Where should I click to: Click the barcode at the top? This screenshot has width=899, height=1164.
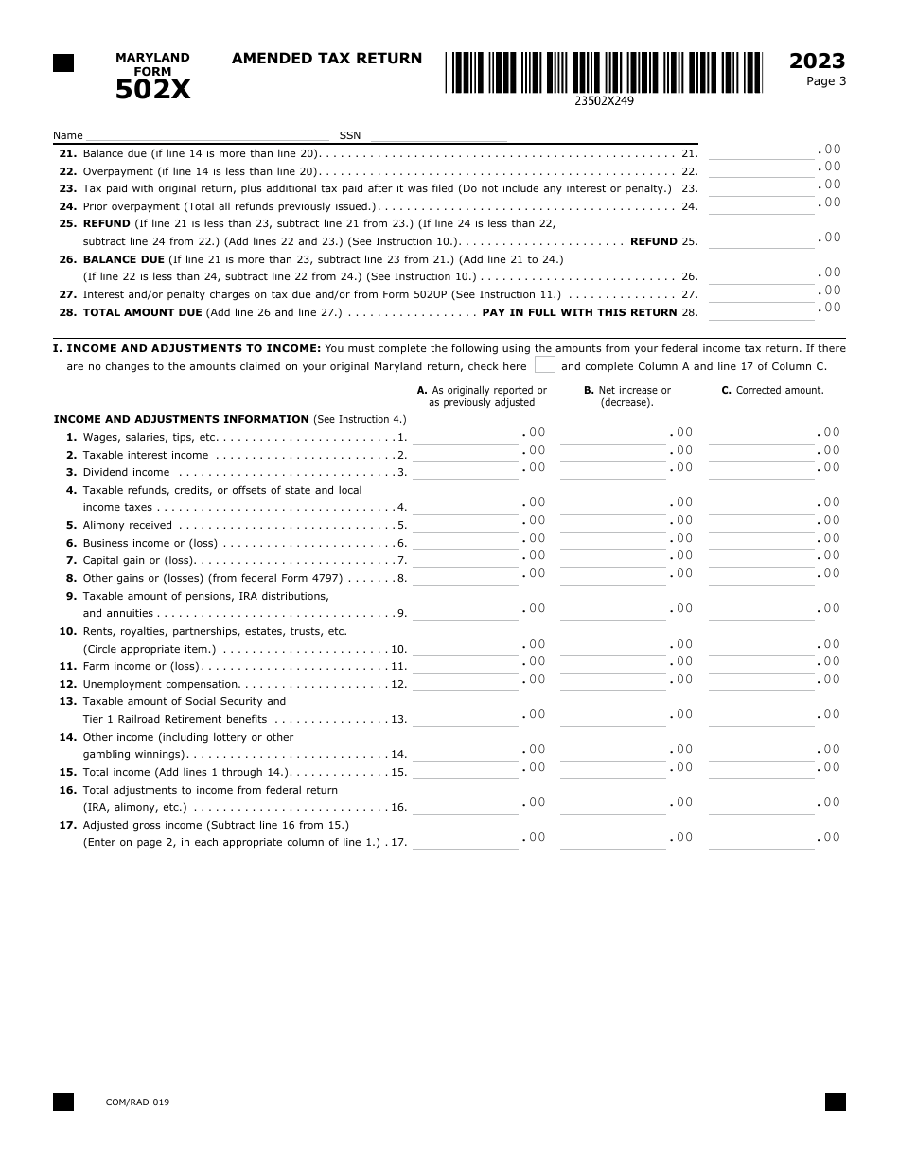605,72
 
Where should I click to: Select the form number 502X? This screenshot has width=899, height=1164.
152,90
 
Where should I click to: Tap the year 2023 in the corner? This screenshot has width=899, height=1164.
817,62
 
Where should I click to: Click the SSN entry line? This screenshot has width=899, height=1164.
434,135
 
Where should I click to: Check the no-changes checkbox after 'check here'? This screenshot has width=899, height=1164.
544,365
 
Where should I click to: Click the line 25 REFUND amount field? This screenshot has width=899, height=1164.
761,240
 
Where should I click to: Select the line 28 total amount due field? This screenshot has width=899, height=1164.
761,311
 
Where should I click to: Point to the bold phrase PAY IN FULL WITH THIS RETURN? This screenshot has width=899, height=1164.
579,312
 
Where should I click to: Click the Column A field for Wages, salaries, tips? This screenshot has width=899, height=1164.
466,436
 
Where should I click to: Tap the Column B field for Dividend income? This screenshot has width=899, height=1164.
613,471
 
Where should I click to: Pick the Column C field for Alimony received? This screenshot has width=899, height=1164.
761,524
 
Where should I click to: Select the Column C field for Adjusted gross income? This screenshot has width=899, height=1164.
761,841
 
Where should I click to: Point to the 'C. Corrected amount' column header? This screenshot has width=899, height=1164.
772,390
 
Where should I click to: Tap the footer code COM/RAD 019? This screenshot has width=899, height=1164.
138,1102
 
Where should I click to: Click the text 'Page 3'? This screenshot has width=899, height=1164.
826,81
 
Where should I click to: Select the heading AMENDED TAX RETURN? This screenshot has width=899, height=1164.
326,59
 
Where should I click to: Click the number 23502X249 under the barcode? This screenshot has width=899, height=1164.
604,100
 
